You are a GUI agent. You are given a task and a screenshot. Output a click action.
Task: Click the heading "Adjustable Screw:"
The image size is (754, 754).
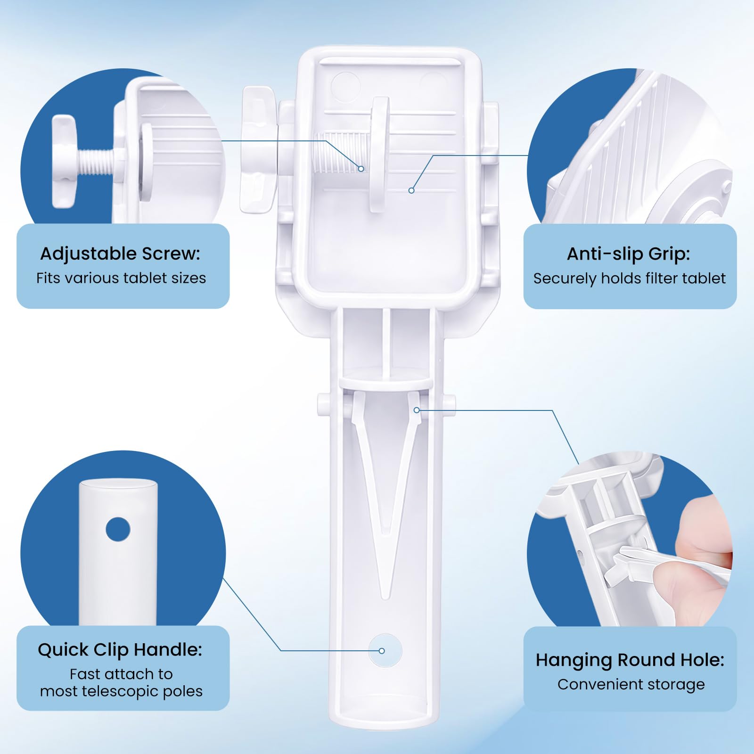pyautogui.click(x=120, y=254)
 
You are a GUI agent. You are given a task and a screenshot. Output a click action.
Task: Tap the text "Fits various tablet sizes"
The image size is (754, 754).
pyautogui.click(x=121, y=278)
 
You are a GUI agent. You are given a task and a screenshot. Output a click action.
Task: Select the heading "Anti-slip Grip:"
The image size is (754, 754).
pyautogui.click(x=628, y=254)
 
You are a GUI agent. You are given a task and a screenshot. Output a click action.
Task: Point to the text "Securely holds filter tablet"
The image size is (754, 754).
pyautogui.click(x=630, y=279)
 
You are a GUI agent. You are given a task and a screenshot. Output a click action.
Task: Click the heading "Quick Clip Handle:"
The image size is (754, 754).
pyautogui.click(x=120, y=650)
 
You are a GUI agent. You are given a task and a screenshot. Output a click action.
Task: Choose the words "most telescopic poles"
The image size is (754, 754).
pyautogui.click(x=121, y=691)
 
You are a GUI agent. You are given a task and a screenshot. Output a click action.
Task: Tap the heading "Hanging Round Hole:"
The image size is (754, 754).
pyautogui.click(x=630, y=660)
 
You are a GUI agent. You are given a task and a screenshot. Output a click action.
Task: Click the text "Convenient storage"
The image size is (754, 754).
pyautogui.click(x=631, y=684)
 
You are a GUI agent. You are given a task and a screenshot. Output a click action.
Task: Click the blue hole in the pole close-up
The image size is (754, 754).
pyautogui.click(x=118, y=529)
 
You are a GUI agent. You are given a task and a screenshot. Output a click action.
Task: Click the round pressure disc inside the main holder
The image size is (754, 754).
pyautogui.click(x=380, y=154)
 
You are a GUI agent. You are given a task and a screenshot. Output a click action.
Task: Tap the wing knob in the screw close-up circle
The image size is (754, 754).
pyautogui.click(x=64, y=161)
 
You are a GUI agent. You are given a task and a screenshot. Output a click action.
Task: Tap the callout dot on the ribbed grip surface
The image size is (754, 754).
pyautogui.click(x=411, y=190)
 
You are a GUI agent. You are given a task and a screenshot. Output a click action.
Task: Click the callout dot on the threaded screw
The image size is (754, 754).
pyautogui.click(x=361, y=169)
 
